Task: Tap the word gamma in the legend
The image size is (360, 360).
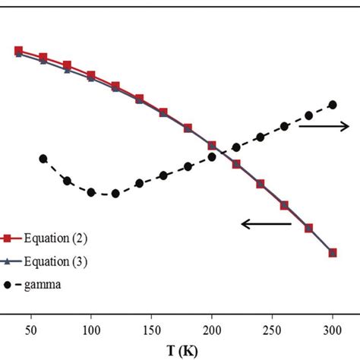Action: pyautogui.click(x=47, y=285)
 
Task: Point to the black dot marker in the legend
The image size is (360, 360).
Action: pyautogui.click(x=8, y=285)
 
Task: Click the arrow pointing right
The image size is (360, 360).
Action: pyautogui.click(x=323, y=125)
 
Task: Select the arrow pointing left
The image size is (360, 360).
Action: pyautogui.click(x=266, y=223)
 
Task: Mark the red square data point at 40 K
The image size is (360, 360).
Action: pyautogui.click(x=19, y=50)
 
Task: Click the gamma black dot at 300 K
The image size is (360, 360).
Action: pyautogui.click(x=333, y=105)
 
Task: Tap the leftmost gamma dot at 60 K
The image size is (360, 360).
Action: pyautogui.click(x=43, y=159)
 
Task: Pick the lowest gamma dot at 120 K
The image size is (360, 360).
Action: pyautogui.click(x=115, y=194)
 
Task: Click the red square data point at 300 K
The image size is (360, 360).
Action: pyautogui.click(x=333, y=252)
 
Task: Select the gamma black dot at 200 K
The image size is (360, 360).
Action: pyautogui.click(x=212, y=157)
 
